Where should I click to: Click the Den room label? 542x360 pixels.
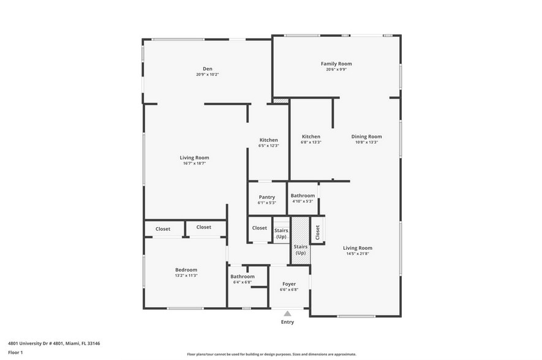pyautogui.click(x=207, y=69)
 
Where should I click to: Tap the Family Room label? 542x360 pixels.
pyautogui.click(x=336, y=64)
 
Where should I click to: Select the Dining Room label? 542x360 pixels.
pyautogui.click(x=366, y=137)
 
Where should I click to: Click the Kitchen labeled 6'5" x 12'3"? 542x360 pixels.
pyautogui.click(x=268, y=140)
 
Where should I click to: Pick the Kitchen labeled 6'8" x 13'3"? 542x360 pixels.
pyautogui.click(x=311, y=137)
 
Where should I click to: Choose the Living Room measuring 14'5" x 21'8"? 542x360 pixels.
pyautogui.click(x=357, y=248)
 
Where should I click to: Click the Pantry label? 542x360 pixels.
pyautogui.click(x=266, y=197)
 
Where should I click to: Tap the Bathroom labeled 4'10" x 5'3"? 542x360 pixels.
pyautogui.click(x=303, y=196)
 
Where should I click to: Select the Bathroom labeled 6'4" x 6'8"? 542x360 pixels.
pyautogui.click(x=243, y=277)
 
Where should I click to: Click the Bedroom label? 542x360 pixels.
pyautogui.click(x=186, y=270)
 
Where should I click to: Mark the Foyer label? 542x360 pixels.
pyautogui.click(x=289, y=284)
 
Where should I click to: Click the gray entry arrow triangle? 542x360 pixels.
pyautogui.click(x=287, y=313)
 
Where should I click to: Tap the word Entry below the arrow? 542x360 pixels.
pyautogui.click(x=287, y=322)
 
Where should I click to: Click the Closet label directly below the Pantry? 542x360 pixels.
pyautogui.click(x=260, y=228)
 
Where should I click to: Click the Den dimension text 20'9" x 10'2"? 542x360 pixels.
pyautogui.click(x=207, y=75)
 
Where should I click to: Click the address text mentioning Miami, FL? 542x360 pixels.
pyautogui.click(x=54, y=343)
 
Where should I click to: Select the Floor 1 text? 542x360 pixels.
pyautogui.click(x=15, y=353)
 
